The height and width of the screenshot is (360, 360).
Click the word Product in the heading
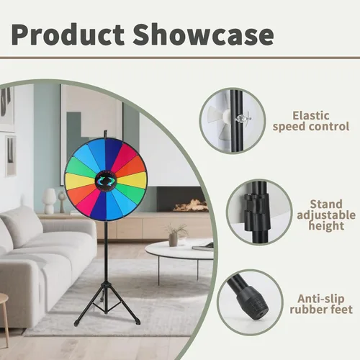point(68,34)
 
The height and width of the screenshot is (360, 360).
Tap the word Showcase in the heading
point(204,34)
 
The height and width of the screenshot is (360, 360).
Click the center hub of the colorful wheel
point(106,181)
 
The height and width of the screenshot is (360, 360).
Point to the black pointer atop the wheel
point(105,135)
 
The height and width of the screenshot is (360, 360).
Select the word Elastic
point(311,116)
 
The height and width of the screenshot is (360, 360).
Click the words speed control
point(311,127)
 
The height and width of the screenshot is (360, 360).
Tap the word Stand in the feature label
point(326,204)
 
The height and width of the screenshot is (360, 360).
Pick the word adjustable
point(326,215)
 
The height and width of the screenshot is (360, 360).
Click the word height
point(326,226)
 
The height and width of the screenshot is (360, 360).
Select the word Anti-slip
point(321,299)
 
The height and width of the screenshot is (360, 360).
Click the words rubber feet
point(321,310)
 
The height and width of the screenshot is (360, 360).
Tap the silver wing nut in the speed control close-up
point(243,118)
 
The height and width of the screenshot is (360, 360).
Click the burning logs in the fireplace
point(190,206)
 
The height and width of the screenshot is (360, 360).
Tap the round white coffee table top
point(179,250)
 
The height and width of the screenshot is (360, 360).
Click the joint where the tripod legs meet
point(106,284)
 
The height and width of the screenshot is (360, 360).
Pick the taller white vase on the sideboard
point(50,201)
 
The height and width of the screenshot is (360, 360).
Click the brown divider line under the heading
point(180,58)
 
